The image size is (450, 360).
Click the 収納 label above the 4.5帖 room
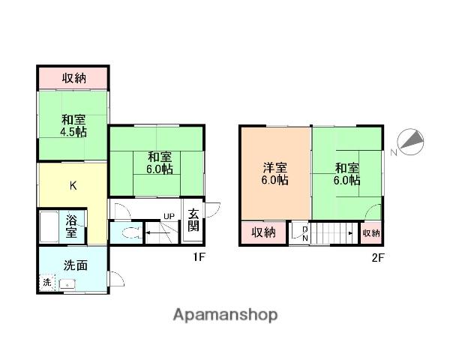point(73,77)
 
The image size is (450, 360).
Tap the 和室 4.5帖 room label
point(73,125)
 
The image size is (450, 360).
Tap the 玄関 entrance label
point(193,219)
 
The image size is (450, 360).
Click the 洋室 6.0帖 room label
point(275,174)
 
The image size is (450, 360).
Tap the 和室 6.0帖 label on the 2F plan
point(346,174)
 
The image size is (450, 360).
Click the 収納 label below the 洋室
point(262,232)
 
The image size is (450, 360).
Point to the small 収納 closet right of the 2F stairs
point(371,233)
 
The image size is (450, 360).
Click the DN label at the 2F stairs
point(304,234)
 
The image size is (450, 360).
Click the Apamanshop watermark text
point(226,314)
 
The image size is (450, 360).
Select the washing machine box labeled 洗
point(46,283)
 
